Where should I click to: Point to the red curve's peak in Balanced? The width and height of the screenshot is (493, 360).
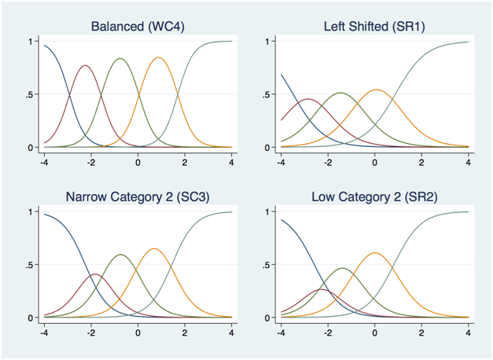[85, 65]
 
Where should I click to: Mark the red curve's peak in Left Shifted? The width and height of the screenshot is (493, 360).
[307, 99]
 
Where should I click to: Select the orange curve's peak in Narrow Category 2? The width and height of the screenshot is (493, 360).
[154, 248]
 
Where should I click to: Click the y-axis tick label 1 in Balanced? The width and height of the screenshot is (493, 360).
[31, 41]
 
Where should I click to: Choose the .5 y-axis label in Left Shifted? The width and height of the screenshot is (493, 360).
[267, 94]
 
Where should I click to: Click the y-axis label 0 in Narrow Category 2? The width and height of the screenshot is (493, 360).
[31, 318]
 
